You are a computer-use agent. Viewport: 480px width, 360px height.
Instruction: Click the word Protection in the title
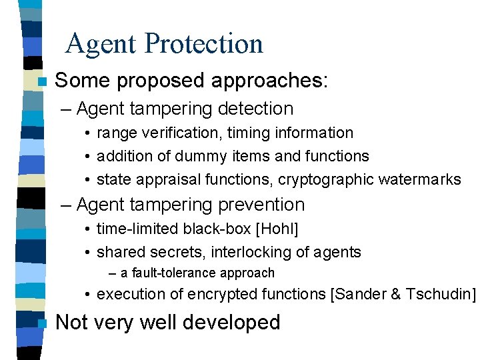tap(204, 44)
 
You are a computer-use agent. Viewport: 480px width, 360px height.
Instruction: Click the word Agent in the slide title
tap(102, 44)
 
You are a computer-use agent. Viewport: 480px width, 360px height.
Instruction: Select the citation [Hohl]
tap(277, 229)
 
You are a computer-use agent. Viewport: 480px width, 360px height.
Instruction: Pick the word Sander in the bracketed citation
tap(360, 294)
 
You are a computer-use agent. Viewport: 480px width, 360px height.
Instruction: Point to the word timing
tap(247, 133)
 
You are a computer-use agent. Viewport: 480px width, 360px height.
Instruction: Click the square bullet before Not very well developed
tap(42, 323)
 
